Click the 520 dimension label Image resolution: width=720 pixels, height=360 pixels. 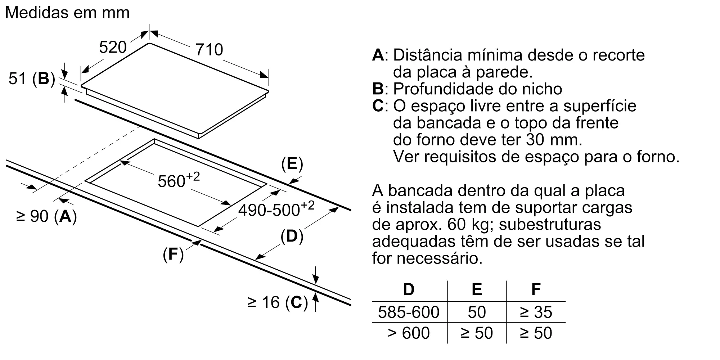click(113, 48)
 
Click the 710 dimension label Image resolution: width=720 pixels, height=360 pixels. click(209, 50)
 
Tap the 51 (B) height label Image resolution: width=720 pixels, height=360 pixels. click(32, 78)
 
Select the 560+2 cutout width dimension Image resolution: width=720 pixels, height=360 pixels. click(179, 180)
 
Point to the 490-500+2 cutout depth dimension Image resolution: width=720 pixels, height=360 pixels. click(276, 209)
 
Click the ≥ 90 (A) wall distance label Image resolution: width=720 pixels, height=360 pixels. click(47, 216)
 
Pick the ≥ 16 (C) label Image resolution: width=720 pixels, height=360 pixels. click(278, 302)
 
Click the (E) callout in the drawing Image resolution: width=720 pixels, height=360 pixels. click(292, 164)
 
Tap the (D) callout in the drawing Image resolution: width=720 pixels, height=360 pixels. click(292, 237)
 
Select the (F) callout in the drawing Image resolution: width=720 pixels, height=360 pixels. click(173, 255)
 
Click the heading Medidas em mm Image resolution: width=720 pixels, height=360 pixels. click(67, 13)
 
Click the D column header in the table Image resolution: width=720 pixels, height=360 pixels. click(409, 289)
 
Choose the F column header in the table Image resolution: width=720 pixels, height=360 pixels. click(536, 289)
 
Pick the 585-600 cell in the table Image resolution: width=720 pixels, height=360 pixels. click(409, 312)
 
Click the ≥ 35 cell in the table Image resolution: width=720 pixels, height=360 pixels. click(536, 312)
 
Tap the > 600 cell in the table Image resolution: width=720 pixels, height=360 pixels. click(409, 333)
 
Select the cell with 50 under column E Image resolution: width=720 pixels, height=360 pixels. click(477, 312)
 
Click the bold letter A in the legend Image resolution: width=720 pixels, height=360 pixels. click(378, 55)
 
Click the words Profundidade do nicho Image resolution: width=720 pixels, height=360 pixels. click(477, 89)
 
